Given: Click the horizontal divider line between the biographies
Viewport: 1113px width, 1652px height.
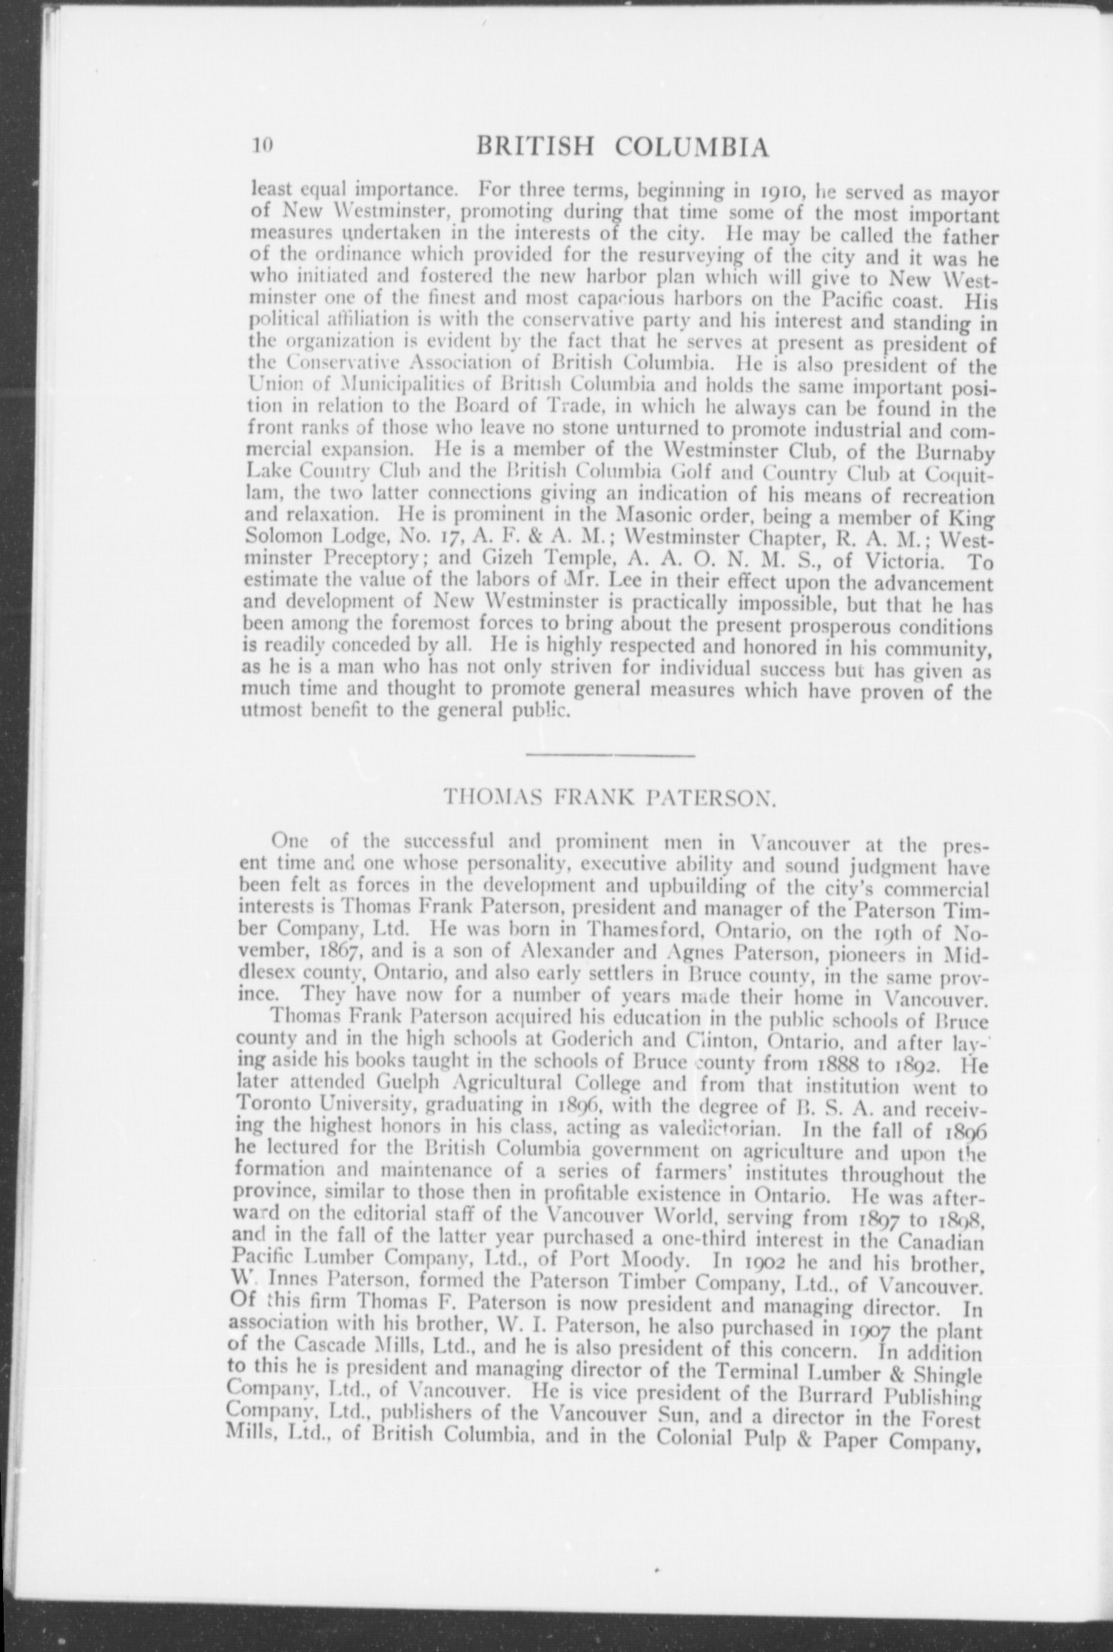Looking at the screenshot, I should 610,755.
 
